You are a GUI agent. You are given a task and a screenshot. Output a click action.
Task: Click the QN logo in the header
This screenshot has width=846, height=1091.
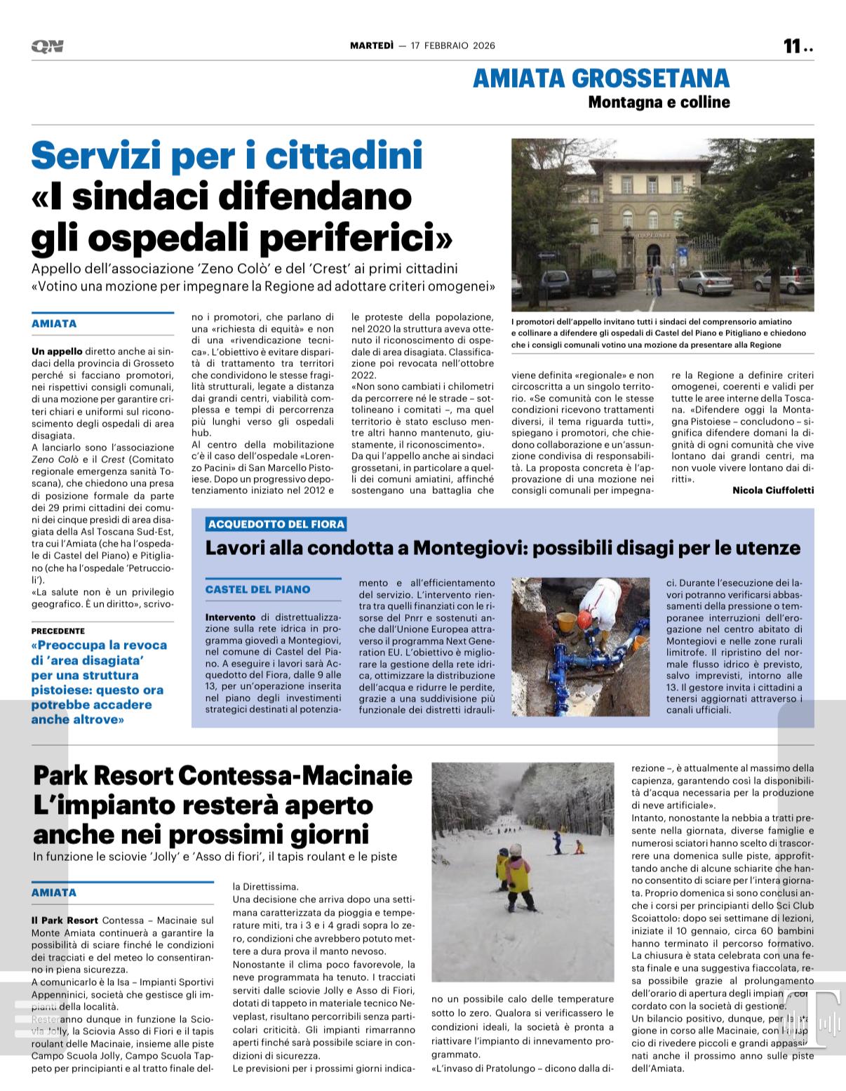coord(47,46)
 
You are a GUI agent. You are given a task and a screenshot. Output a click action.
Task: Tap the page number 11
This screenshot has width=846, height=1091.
coord(792,46)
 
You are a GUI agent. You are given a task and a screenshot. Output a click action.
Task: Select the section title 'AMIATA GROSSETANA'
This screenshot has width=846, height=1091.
coord(601,78)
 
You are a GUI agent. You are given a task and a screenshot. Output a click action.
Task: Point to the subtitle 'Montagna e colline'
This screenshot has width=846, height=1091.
coord(659,102)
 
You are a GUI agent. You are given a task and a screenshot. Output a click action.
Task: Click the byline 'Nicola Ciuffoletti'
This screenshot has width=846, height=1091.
coord(773,490)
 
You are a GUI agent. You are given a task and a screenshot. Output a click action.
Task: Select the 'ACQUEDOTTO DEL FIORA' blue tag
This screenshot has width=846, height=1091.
coord(276,524)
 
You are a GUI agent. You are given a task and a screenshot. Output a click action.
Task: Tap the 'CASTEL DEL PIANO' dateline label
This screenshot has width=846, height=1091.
coord(257,589)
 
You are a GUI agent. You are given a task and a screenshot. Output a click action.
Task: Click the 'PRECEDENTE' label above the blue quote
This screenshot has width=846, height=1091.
coord(58,631)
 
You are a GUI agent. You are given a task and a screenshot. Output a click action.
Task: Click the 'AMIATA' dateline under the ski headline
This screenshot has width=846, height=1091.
coord(54,893)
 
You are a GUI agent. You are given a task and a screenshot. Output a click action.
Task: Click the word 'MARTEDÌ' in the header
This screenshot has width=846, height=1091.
coord(372,46)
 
